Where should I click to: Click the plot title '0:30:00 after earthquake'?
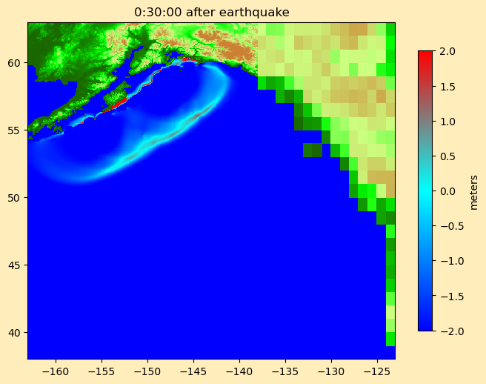click(x=211, y=12)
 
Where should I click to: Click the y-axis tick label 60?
click(x=16, y=63)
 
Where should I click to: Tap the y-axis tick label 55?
click(x=16, y=130)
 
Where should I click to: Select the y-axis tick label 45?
click(x=16, y=265)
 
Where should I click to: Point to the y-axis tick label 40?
click(x=16, y=332)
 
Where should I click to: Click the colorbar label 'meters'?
click(x=474, y=191)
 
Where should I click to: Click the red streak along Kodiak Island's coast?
click(x=116, y=103)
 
